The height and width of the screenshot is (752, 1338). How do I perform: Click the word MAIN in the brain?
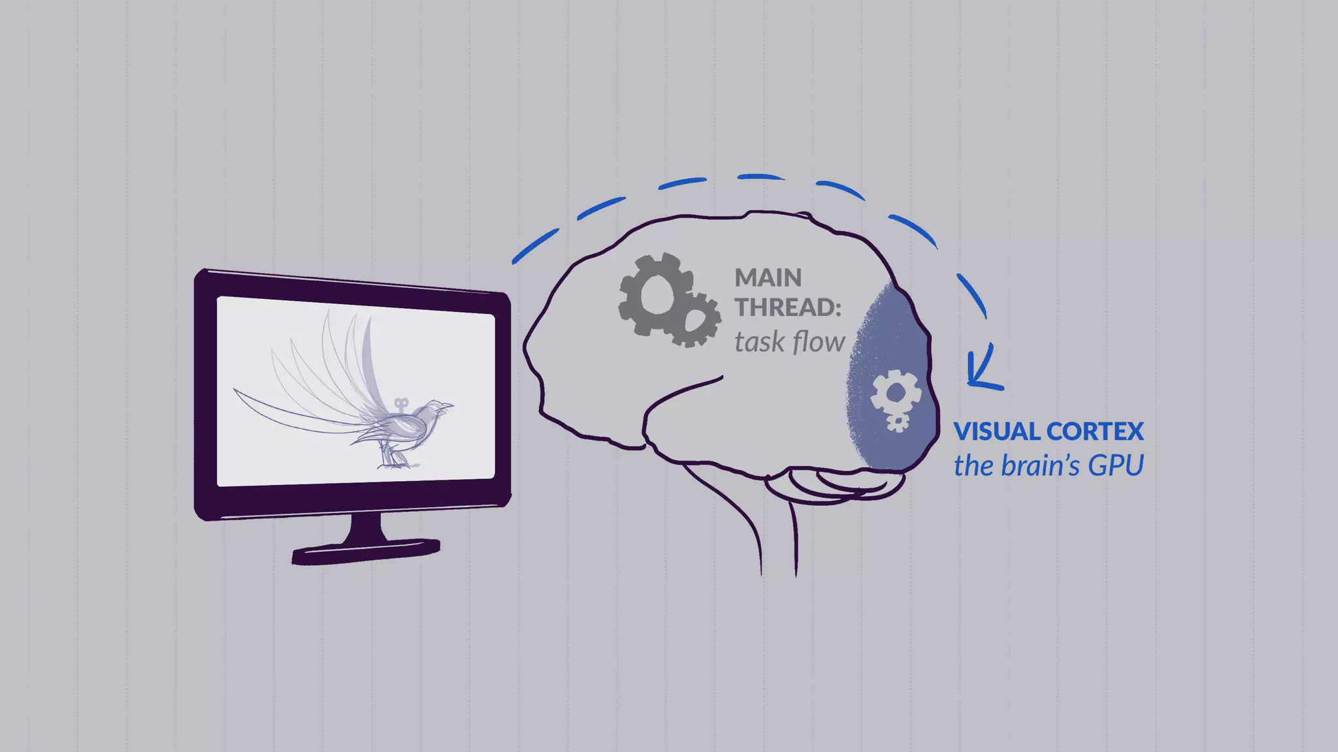[768, 278]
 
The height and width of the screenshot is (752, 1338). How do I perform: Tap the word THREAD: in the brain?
[788, 307]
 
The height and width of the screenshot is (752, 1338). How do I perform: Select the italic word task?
[759, 342]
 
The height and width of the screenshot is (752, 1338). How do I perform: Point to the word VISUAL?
[997, 431]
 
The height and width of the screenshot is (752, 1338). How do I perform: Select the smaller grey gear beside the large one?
[695, 321]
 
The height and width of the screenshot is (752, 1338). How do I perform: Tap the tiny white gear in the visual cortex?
[898, 422]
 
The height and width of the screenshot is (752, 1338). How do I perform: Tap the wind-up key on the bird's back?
[401, 405]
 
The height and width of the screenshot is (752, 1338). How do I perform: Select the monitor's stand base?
[366, 551]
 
